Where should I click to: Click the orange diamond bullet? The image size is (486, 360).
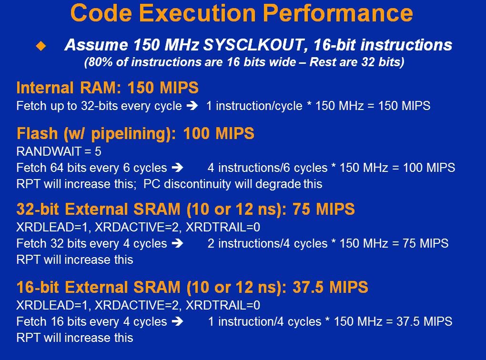coord(41,46)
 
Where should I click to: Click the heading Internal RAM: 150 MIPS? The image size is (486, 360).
coord(107,88)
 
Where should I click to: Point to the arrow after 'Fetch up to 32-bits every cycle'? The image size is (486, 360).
coord(192,106)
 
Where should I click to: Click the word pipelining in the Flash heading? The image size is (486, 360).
coord(131,134)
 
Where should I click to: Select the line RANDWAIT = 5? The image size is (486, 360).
coord(59,151)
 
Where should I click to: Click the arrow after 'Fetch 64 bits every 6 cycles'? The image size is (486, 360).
coord(178,168)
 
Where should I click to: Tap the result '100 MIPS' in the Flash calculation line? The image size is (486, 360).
coord(429,168)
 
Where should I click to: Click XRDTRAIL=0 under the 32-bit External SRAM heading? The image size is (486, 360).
coord(223,228)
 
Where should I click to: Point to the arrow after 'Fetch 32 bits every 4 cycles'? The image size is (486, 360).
coord(178,243)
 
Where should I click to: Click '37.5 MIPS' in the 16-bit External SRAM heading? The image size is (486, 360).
coord(330,287)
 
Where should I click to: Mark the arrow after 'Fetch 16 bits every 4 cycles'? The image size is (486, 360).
coord(178,321)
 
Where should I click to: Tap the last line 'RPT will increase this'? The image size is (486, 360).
coord(75,338)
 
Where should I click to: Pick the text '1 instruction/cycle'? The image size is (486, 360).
coord(254,106)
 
